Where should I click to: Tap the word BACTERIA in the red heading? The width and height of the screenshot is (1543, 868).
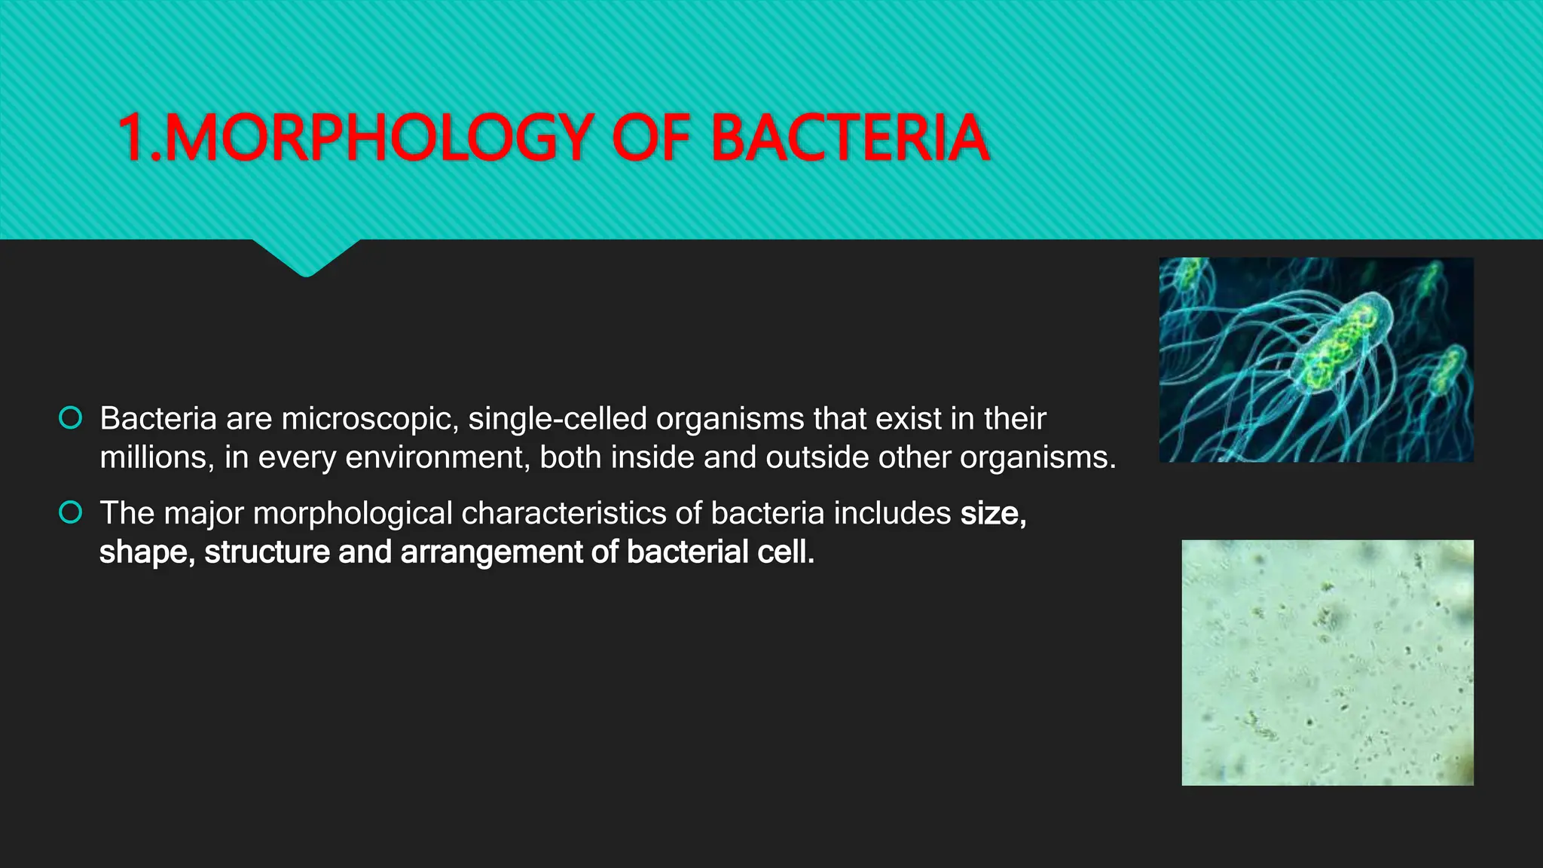pyautogui.click(x=849, y=138)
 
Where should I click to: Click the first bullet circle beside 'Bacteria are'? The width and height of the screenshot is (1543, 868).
pyautogui.click(x=70, y=418)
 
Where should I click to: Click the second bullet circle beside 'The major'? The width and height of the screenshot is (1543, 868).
pyautogui.click(x=70, y=513)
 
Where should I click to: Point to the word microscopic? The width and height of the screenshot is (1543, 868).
pyautogui.click(x=370, y=419)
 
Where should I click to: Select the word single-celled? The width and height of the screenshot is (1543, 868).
pyautogui.click(x=558, y=419)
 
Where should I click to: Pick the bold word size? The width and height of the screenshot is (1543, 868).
pyautogui.click(x=991, y=514)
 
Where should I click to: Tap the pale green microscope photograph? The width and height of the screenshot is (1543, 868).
pyautogui.click(x=1327, y=662)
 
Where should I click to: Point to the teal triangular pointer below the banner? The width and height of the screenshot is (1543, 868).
pyautogui.click(x=306, y=256)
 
